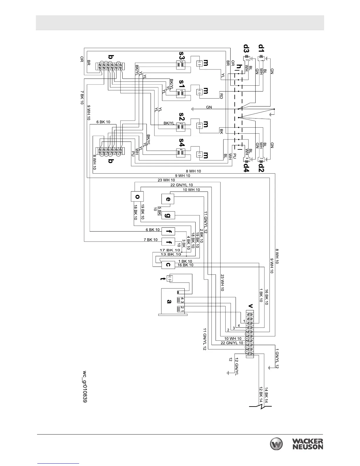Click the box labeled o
[x=137, y=196]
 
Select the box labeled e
[x=168, y=199]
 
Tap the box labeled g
[x=168, y=215]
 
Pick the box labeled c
[x=168, y=264]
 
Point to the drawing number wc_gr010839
[x=85, y=387]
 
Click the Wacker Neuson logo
[x=296, y=444]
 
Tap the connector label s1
[x=182, y=84]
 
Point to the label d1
[x=261, y=48]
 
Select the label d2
[x=261, y=167]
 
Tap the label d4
[x=246, y=167]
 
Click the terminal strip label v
[x=250, y=306]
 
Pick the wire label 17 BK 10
[x=170, y=250]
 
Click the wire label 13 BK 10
[x=170, y=254]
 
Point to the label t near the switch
[x=161, y=278]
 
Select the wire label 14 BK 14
[x=266, y=395]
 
